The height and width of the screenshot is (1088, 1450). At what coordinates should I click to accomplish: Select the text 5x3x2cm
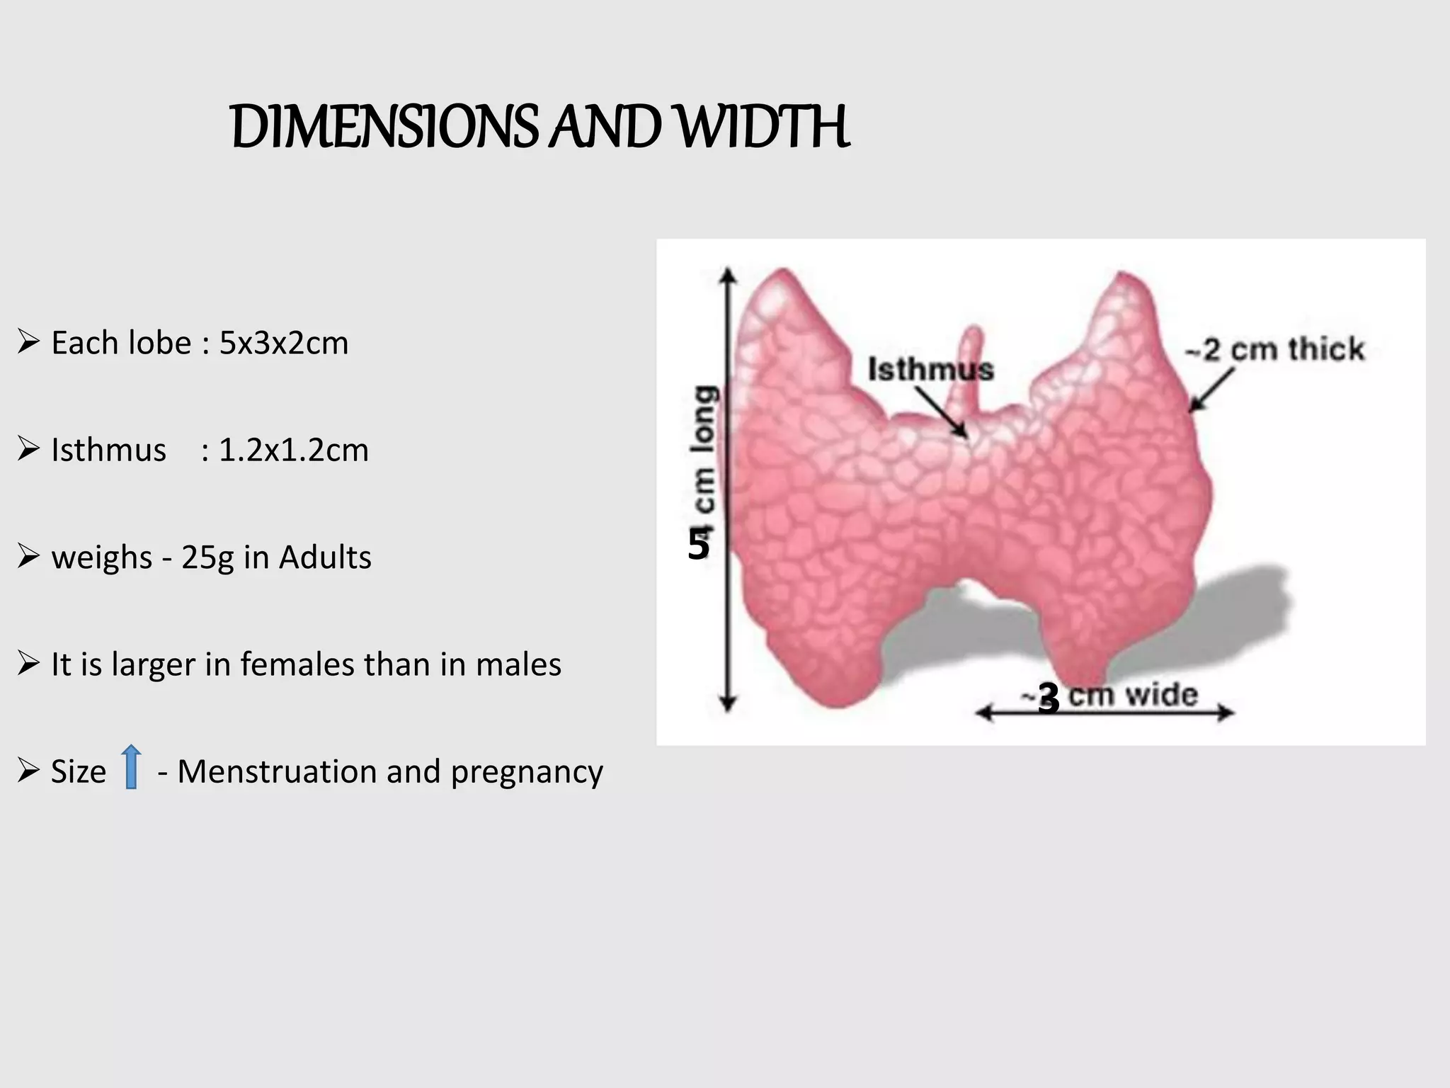point(283,344)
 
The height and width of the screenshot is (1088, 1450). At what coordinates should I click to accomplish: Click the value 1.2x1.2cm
point(293,450)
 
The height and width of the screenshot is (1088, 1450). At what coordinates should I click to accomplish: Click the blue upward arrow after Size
point(131,766)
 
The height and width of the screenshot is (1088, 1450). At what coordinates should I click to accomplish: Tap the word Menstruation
point(276,771)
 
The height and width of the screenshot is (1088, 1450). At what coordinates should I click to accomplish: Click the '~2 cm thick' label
point(1274,349)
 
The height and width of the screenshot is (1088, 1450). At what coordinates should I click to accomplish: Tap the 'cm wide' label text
point(1133,695)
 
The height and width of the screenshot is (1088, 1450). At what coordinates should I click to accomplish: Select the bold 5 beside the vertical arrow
point(698,545)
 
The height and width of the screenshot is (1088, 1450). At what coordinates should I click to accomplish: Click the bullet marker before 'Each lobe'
point(28,343)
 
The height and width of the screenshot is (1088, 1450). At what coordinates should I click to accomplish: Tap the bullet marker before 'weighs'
point(28,557)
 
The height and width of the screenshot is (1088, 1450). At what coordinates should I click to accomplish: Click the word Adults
point(325,557)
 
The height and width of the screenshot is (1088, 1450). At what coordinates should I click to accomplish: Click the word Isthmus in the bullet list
point(108,450)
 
